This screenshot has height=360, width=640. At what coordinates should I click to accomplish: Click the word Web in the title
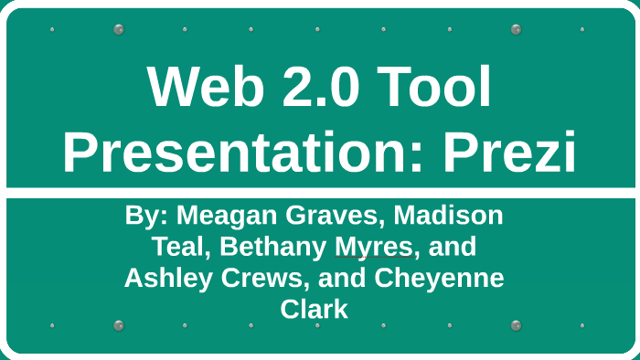pos(206,87)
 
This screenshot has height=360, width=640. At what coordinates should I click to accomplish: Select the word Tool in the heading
pos(433,87)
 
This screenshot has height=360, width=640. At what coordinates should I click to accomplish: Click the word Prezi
pos(510,152)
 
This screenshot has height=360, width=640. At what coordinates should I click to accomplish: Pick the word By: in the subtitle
pos(146,216)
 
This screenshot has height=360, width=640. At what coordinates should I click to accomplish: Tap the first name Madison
pos(448,216)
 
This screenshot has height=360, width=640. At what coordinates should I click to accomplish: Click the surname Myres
pos(374,248)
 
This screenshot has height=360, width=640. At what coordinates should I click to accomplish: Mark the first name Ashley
pos(167,279)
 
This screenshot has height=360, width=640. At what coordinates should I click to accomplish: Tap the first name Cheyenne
pos(439,279)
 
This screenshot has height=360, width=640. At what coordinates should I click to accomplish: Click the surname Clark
pos(314,309)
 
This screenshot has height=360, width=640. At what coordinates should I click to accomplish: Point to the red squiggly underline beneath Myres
pos(374,258)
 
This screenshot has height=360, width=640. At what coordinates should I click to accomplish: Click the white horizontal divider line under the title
pos(321,193)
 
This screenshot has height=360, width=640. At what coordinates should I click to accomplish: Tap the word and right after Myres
pos(452,247)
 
